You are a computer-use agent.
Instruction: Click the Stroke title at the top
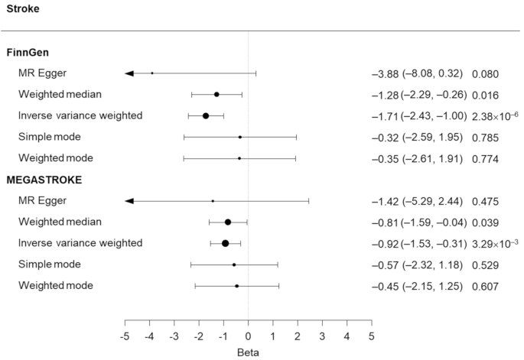click(x=23, y=10)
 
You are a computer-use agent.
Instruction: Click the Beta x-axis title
click(x=249, y=352)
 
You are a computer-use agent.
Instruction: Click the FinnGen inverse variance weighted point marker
click(x=206, y=115)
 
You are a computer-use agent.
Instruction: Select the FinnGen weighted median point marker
click(x=216, y=95)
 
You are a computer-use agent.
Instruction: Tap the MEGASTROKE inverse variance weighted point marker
click(x=226, y=243)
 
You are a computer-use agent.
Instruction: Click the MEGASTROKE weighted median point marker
click(x=228, y=222)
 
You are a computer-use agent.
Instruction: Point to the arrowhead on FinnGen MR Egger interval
click(x=129, y=73)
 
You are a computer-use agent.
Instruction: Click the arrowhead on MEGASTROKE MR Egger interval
click(x=129, y=201)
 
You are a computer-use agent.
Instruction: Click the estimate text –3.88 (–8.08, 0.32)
click(x=418, y=74)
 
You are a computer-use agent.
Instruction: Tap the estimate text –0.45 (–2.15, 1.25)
click(x=418, y=287)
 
